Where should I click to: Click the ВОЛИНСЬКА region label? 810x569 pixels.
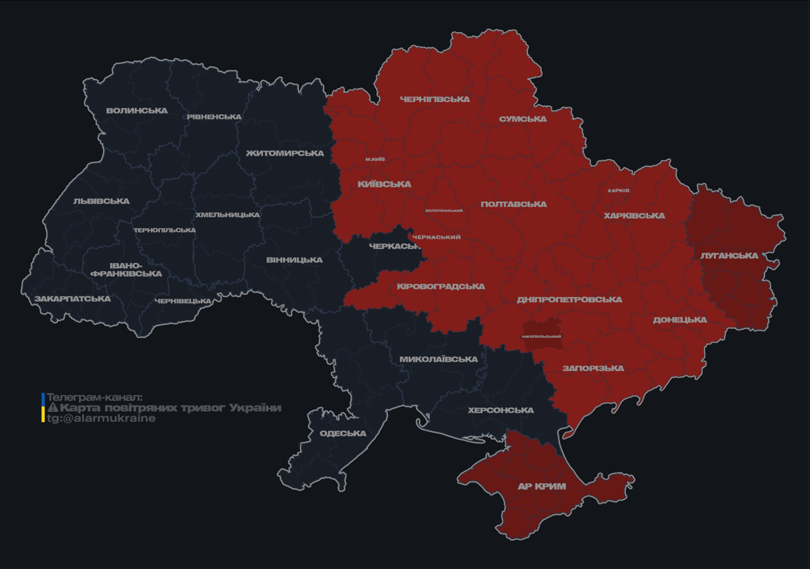pyautogui.click(x=137, y=111)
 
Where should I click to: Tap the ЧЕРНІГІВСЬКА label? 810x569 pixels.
pyautogui.click(x=435, y=99)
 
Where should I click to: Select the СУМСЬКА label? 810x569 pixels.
pyautogui.click(x=523, y=119)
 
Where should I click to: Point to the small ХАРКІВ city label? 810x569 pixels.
pyautogui.click(x=618, y=190)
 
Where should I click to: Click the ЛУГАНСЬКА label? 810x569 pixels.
pyautogui.click(x=729, y=256)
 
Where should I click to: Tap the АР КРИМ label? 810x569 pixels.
pyautogui.click(x=541, y=487)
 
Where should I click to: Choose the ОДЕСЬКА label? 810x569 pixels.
pyautogui.click(x=343, y=433)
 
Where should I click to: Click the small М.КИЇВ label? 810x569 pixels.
pyautogui.click(x=375, y=159)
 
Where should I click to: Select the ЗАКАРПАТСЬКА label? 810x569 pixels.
pyautogui.click(x=72, y=299)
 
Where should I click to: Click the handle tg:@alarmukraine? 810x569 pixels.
pyautogui.click(x=101, y=419)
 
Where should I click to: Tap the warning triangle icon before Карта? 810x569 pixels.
pyautogui.click(x=53, y=407)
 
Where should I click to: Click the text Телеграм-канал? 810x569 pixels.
pyautogui.click(x=94, y=397)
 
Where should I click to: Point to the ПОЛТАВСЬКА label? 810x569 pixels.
pyautogui.click(x=514, y=204)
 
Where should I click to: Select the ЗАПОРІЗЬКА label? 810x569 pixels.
pyautogui.click(x=593, y=368)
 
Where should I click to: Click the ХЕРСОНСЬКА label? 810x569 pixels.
pyautogui.click(x=501, y=410)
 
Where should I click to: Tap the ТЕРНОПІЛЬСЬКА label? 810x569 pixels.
pyautogui.click(x=164, y=230)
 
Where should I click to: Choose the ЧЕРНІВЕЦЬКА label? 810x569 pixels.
pyautogui.click(x=183, y=302)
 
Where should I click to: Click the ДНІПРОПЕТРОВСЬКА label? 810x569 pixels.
pyautogui.click(x=569, y=300)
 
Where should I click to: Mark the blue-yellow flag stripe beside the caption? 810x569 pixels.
pyautogui.click(x=43, y=407)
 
